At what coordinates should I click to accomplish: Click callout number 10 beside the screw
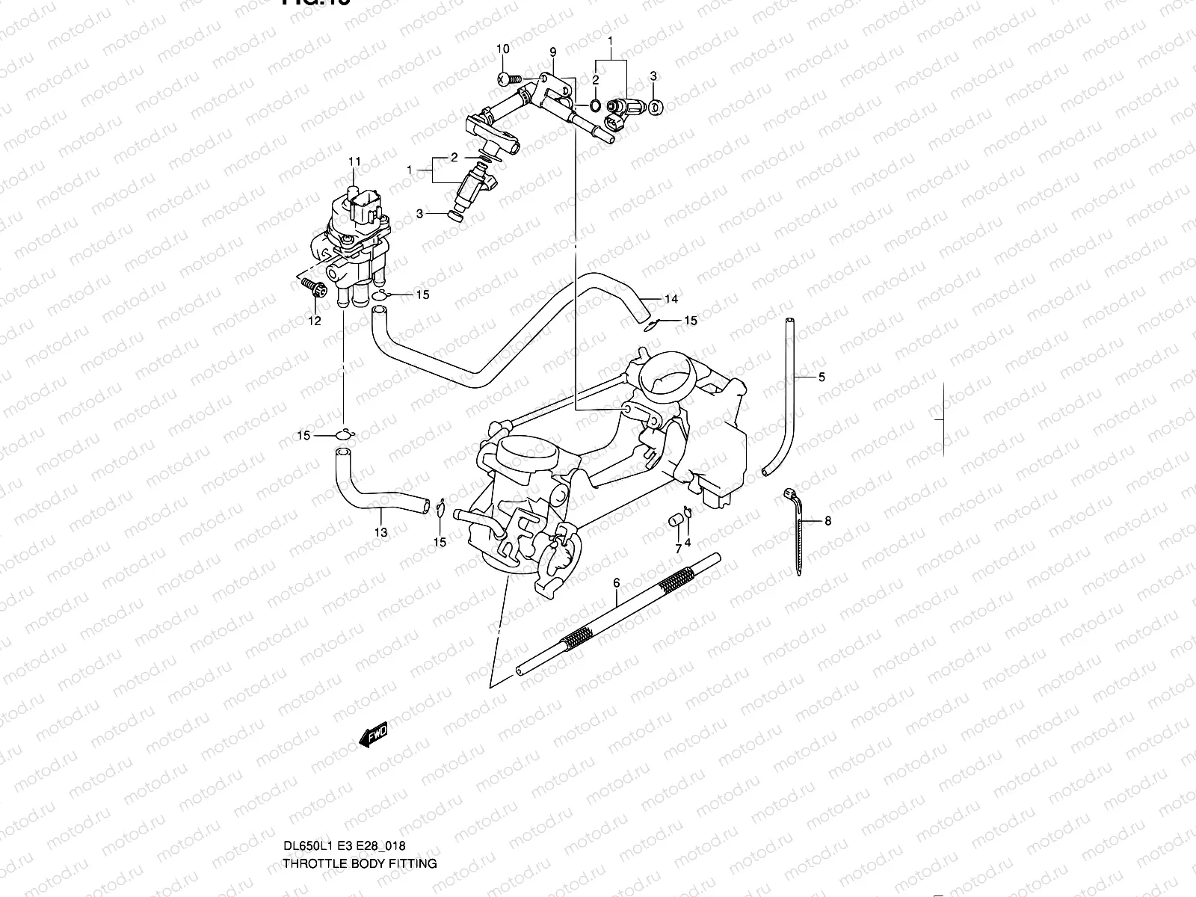[503, 49]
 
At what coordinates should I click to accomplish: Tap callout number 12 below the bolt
[315, 321]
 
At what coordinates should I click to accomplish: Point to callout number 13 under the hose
[381, 532]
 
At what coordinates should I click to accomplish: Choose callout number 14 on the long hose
[671, 300]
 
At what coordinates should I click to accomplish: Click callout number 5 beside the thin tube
[822, 377]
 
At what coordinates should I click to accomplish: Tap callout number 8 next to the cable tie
[827, 521]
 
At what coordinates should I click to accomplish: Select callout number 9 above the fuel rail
[553, 52]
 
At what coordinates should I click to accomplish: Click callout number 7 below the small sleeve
[678, 549]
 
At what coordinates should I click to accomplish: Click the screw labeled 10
[506, 78]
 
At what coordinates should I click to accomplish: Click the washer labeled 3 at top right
[654, 106]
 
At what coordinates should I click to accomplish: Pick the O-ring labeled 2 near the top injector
[594, 104]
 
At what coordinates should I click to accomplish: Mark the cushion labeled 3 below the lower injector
[452, 216]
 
